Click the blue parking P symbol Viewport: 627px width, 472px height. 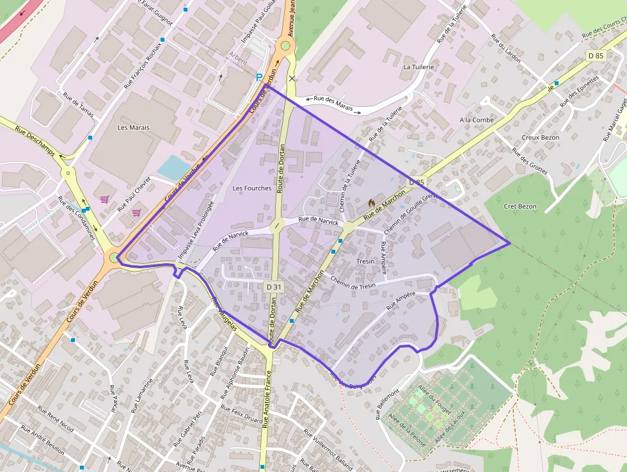[x=259, y=77]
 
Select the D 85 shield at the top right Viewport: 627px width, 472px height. [x=595, y=56]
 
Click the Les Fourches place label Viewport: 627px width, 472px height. [x=252, y=188]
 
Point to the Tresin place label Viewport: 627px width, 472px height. [x=365, y=261]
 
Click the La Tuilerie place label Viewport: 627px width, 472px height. [x=418, y=67]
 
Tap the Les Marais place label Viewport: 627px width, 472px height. [x=134, y=127]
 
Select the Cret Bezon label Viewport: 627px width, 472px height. [x=520, y=206]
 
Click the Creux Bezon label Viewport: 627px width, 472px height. [x=541, y=138]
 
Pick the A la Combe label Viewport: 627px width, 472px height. [x=477, y=120]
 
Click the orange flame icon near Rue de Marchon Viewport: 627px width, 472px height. [x=371, y=202]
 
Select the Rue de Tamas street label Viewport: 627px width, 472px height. [x=78, y=105]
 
